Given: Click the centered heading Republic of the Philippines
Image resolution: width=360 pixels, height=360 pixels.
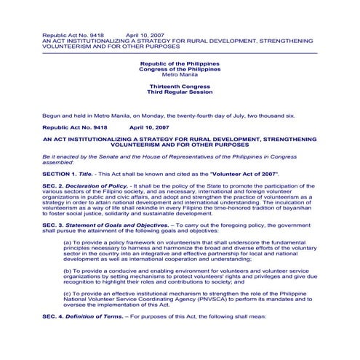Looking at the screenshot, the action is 180,64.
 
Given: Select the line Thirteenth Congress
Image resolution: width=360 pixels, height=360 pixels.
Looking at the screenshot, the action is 180,84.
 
